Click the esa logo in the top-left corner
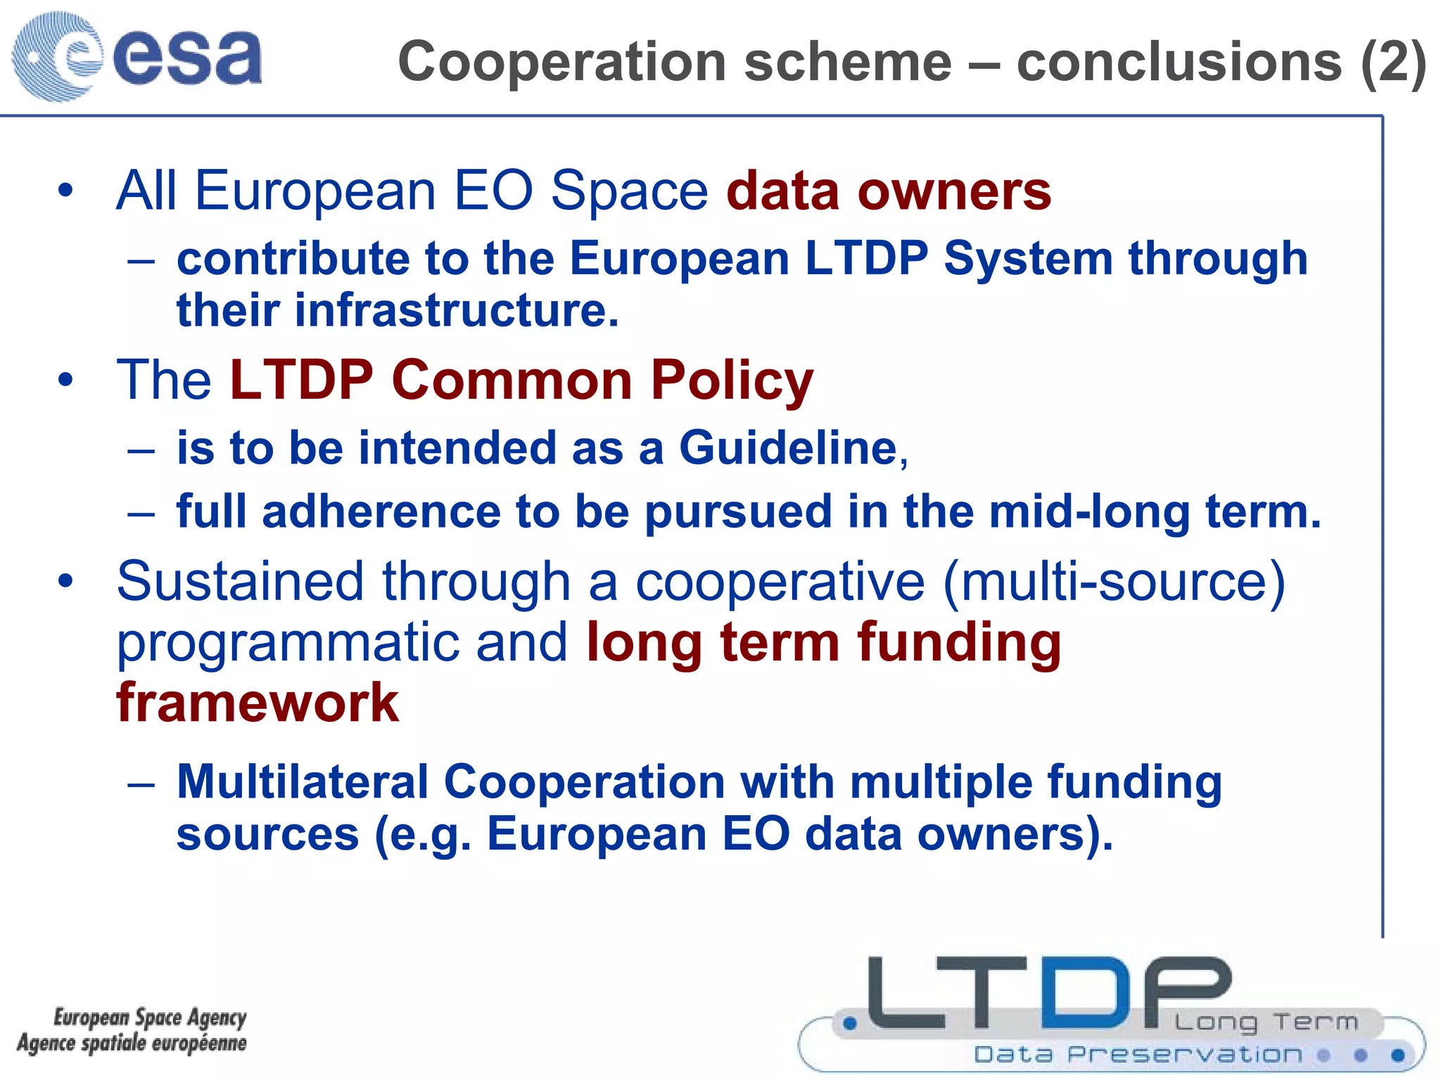coord(137,56)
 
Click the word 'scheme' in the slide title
coord(847,62)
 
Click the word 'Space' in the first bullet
coord(629,191)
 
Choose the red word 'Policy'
coord(732,381)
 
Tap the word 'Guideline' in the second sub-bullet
coord(788,448)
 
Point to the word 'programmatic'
coord(288,643)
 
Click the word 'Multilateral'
coord(303,781)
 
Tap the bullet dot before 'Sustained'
coord(66,581)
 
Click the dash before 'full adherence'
coord(141,513)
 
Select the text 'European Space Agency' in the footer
coord(150,1017)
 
